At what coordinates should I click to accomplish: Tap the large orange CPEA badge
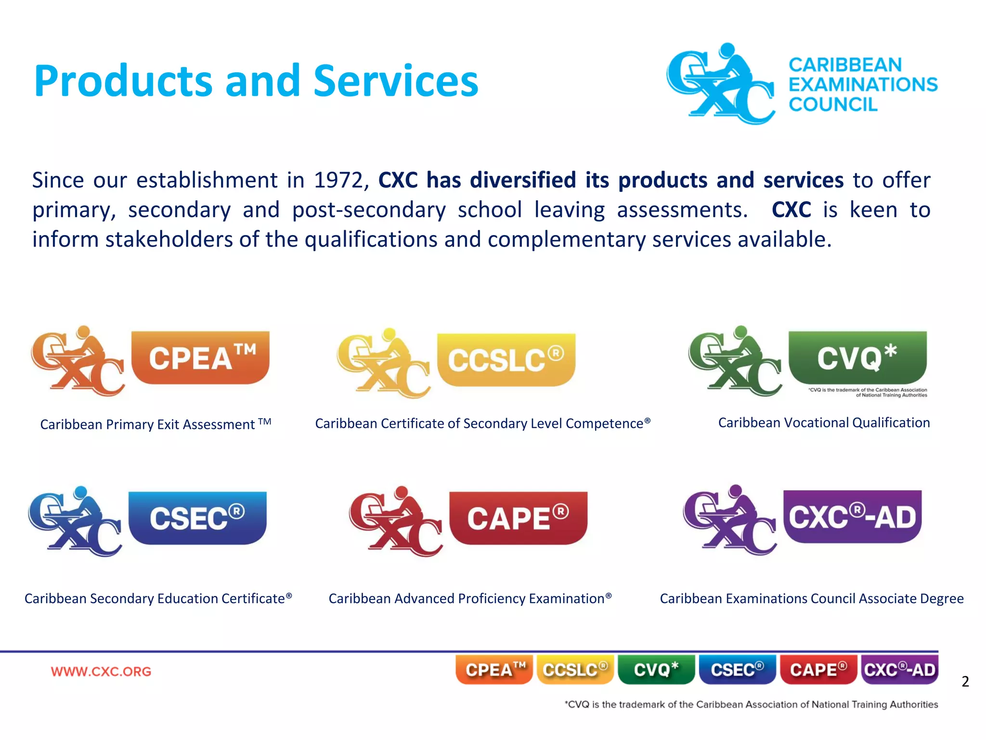(x=200, y=357)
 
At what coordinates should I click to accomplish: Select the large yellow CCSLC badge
(x=506, y=359)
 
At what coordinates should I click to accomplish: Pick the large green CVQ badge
(x=857, y=357)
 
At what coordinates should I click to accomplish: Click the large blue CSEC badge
(x=197, y=518)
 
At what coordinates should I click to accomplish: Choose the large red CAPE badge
(x=518, y=518)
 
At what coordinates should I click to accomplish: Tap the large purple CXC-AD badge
(x=852, y=517)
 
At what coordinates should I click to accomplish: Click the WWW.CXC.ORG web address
(x=101, y=671)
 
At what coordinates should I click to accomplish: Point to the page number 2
(x=965, y=681)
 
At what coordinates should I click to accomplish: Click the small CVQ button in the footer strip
(x=656, y=669)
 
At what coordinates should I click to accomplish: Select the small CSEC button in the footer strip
(x=737, y=669)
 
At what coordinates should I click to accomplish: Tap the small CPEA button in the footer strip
(x=494, y=669)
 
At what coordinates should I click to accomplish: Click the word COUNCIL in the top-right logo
(x=833, y=105)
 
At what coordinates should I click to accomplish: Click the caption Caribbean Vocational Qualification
(x=824, y=423)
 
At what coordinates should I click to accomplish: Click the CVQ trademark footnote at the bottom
(x=751, y=704)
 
